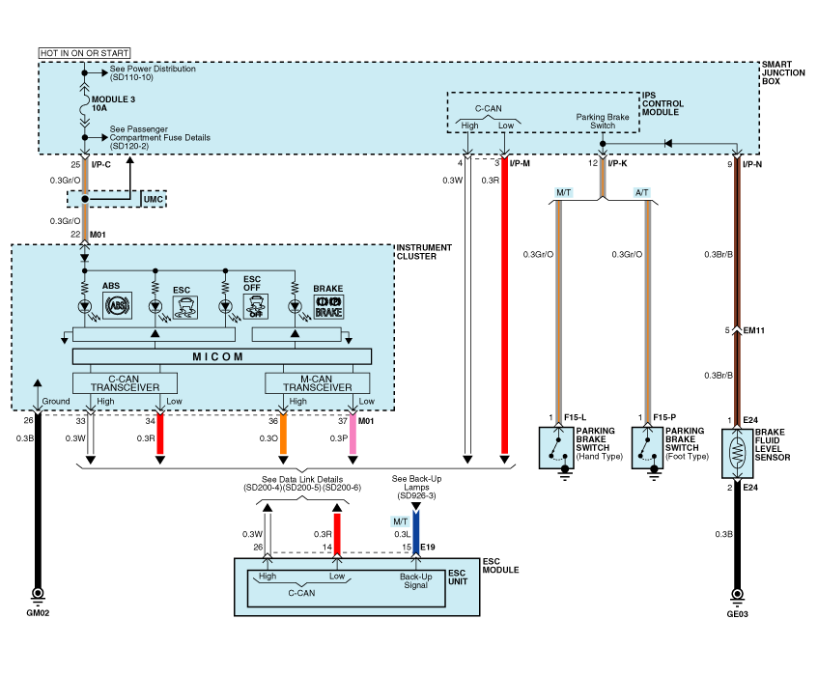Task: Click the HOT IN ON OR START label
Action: point(84,52)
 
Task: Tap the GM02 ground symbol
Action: point(39,593)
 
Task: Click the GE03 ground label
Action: point(739,612)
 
